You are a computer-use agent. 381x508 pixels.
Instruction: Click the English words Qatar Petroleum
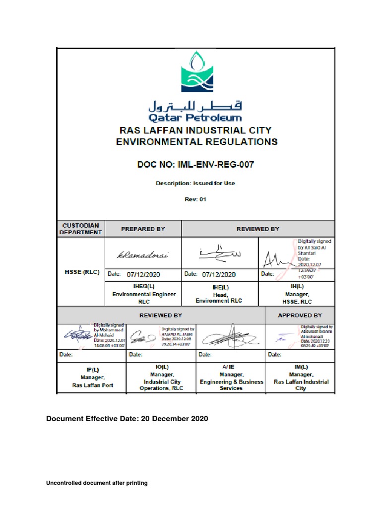point(195,118)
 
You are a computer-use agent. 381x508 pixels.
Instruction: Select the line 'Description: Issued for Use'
point(195,183)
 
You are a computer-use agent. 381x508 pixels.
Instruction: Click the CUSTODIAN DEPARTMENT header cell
point(80,229)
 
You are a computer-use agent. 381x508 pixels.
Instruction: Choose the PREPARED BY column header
point(143,229)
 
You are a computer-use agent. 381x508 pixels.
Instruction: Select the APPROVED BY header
point(300,315)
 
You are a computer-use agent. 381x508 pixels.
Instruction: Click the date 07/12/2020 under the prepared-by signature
point(144,274)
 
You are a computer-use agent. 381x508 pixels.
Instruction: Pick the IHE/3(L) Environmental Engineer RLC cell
point(144,294)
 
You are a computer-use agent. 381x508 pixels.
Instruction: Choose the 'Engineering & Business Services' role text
point(231,385)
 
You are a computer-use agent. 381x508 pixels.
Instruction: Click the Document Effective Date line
point(127,419)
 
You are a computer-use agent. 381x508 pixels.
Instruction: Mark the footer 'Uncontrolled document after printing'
point(97,483)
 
